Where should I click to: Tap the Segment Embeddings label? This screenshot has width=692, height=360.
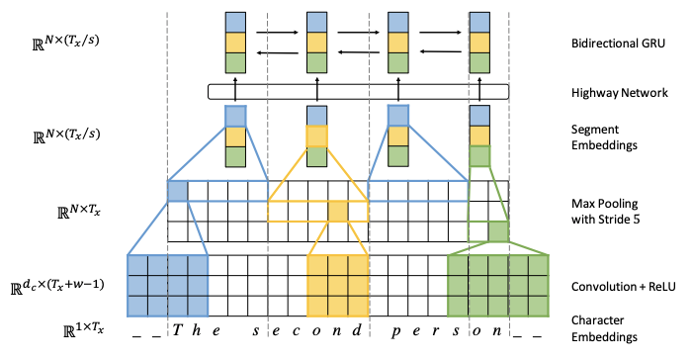[x=605, y=136]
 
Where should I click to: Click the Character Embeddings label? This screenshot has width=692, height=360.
[x=604, y=328]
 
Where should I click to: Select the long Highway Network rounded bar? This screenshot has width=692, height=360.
[x=358, y=92]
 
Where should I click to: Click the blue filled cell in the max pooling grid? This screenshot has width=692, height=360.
[x=177, y=191]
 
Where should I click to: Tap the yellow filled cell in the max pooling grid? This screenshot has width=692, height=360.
[x=338, y=211]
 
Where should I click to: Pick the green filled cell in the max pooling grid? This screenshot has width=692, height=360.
[x=498, y=230]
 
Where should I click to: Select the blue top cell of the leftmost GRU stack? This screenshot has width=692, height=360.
[x=235, y=21]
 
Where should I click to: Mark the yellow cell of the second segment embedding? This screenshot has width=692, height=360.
[x=315, y=136]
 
